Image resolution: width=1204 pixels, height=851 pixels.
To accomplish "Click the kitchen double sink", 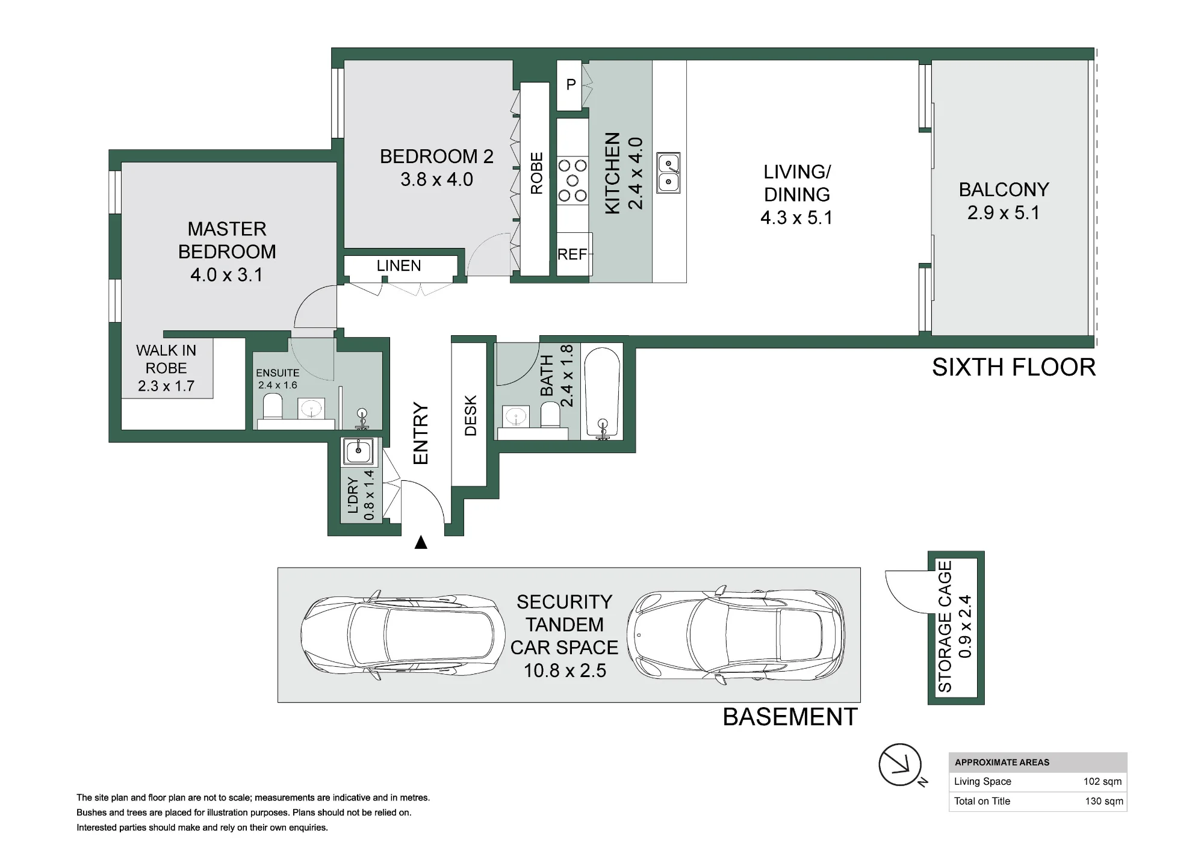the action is click(668, 173).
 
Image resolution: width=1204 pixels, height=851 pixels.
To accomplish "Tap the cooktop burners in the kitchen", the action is click(573, 180).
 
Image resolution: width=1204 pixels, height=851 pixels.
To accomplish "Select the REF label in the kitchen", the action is click(572, 255).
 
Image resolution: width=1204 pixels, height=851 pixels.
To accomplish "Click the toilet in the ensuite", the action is click(273, 407).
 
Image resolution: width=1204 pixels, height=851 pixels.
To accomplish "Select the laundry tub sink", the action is click(358, 451).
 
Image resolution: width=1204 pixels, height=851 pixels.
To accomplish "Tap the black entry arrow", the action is click(421, 542).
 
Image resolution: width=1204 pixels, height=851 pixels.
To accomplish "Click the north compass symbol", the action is click(901, 766).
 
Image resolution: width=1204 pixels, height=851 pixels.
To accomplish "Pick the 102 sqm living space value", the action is click(1102, 782).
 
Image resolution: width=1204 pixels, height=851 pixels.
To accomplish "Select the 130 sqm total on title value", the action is click(1104, 801).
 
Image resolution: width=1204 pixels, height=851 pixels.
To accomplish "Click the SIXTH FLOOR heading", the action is click(1014, 367).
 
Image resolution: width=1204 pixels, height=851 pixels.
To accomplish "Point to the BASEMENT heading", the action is click(790, 717).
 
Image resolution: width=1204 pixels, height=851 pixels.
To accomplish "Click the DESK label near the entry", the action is click(471, 415).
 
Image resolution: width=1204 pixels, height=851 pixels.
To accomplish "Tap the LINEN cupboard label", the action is click(399, 265).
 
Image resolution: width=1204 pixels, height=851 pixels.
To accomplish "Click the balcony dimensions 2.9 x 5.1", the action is click(1004, 212).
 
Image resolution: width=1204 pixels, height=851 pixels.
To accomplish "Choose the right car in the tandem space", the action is click(736, 635).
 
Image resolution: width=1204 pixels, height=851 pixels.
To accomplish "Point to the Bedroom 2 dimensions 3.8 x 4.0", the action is click(436, 179).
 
